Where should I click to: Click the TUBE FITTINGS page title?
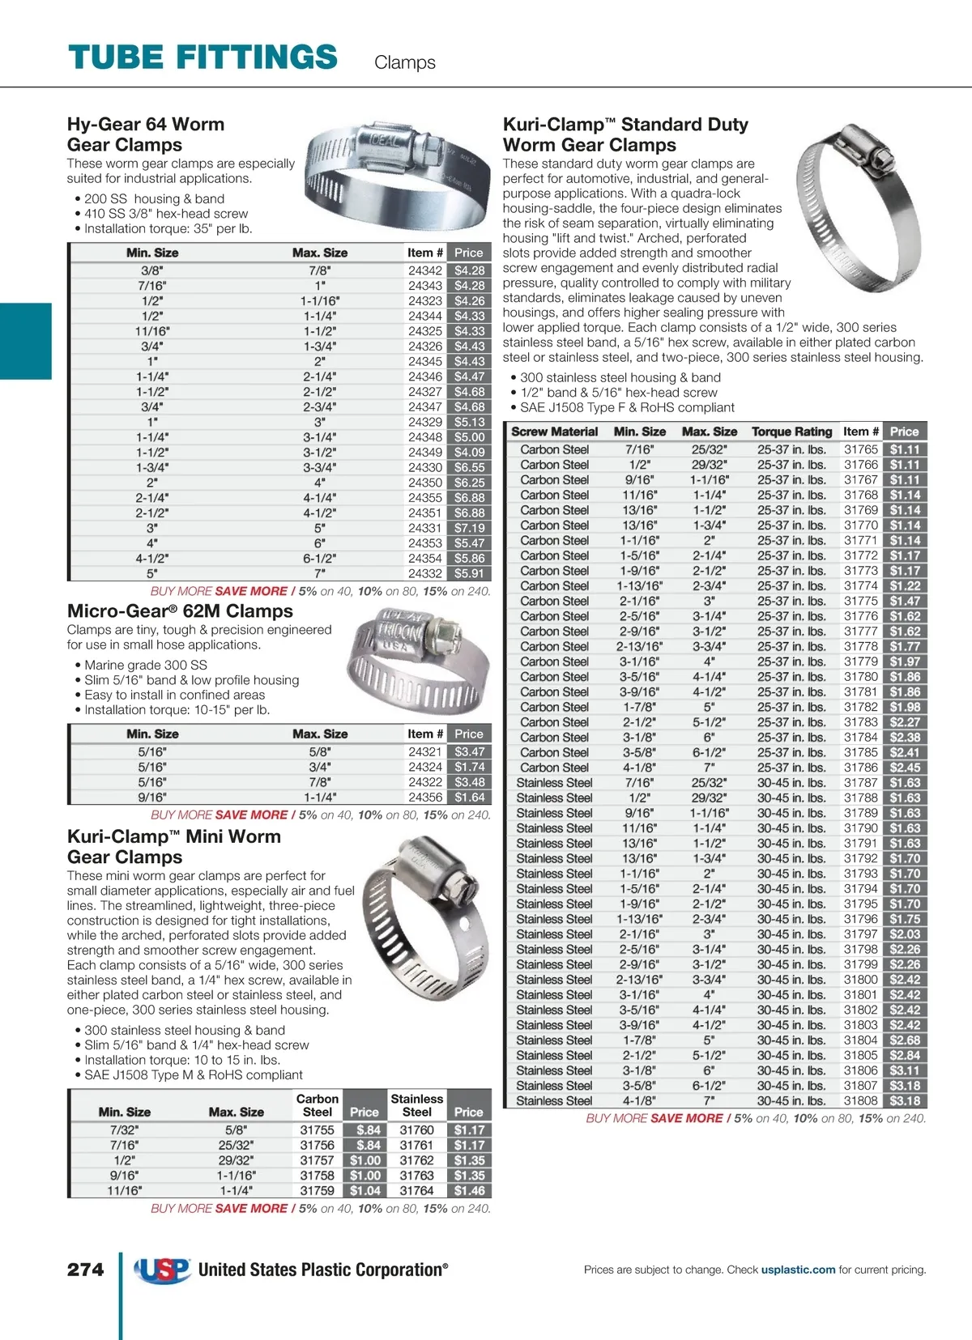pos(202,57)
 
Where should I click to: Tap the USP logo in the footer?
pos(163,1270)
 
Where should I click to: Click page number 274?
pos(85,1270)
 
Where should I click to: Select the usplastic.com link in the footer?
pos(798,1270)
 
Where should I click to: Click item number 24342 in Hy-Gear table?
pos(424,270)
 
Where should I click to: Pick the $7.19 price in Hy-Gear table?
pos(469,528)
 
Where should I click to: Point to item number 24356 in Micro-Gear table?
pos(424,798)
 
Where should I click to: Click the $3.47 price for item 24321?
pos(469,752)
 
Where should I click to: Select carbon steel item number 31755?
pos(317,1129)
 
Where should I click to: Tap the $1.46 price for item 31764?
pos(469,1190)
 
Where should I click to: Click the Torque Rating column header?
pos(791,432)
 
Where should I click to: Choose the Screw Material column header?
pos(554,432)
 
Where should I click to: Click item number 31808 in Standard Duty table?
pos(860,1100)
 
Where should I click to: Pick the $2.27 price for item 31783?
pos(904,722)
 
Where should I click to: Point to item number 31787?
pos(860,783)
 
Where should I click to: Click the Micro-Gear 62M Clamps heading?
pos(180,611)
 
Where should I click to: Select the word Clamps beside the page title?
pos(404,62)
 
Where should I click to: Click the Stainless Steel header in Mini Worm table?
pos(416,1105)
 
